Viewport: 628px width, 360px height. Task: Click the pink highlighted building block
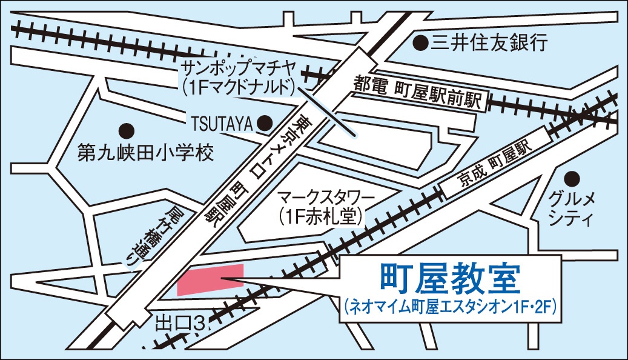click(x=210, y=279)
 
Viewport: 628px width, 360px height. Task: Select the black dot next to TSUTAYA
click(x=265, y=123)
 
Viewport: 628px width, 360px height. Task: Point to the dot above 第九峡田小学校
click(x=126, y=130)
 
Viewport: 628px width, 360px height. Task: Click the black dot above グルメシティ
click(x=571, y=178)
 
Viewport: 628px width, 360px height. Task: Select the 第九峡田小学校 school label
click(x=146, y=153)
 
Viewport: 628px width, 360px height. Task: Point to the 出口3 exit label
click(x=179, y=321)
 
